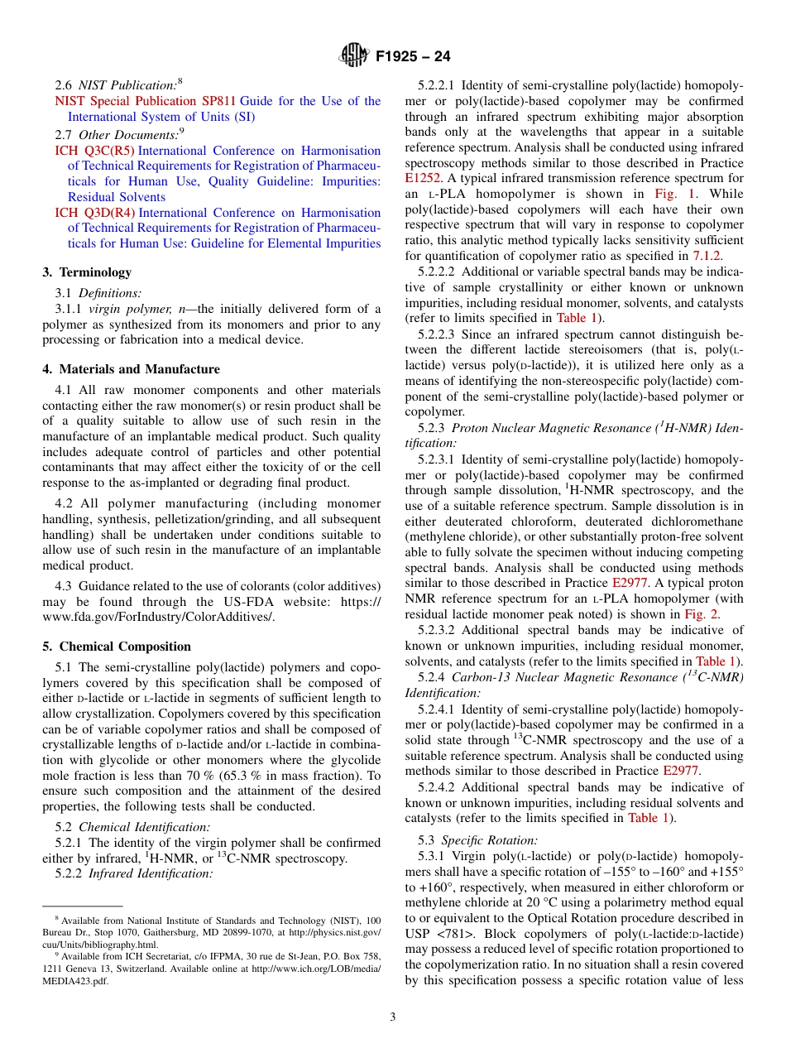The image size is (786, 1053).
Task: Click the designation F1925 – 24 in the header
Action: pyautogui.click(x=413, y=57)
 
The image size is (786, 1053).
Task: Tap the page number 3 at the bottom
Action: pyautogui.click(x=393, y=1017)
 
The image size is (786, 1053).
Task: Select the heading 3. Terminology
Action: pyautogui.click(x=87, y=272)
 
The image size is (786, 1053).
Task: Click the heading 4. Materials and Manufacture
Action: pyautogui.click(x=131, y=369)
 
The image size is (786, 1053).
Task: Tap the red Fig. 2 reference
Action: pyautogui.click(x=701, y=614)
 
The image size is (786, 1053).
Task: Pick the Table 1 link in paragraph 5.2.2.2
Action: pyautogui.click(x=578, y=319)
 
